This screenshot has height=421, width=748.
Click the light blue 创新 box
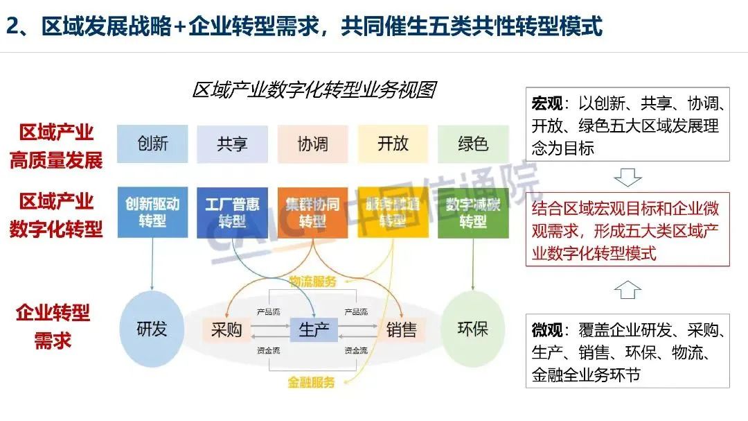(152, 144)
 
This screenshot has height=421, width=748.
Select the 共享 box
(232, 144)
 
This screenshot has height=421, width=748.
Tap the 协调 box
(312, 144)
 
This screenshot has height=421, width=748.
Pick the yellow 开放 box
(393, 144)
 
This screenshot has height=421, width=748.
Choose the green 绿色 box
(473, 144)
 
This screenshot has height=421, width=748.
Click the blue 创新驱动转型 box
(152, 212)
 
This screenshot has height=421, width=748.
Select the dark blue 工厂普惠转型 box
(232, 212)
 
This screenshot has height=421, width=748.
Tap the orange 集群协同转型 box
(312, 212)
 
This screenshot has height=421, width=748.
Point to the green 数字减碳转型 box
(473, 212)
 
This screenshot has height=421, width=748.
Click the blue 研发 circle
(152, 329)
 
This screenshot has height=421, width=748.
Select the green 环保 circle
(473, 329)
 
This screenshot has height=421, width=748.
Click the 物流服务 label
(312, 281)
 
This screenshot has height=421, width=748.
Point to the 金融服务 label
(311, 382)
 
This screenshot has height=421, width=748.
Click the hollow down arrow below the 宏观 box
(627, 178)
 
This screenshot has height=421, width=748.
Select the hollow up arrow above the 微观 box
(627, 290)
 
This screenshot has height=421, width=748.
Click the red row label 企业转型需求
(53, 327)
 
